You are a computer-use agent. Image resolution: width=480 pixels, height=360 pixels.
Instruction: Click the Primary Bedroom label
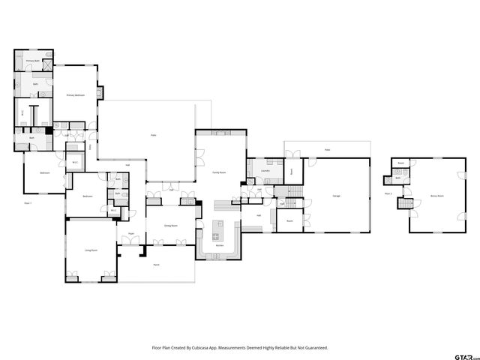click(x=75, y=95)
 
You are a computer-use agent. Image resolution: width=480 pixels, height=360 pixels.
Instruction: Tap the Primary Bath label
click(x=32, y=60)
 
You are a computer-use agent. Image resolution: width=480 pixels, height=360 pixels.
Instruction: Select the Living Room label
click(x=91, y=250)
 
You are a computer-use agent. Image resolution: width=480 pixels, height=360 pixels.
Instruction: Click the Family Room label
click(x=220, y=172)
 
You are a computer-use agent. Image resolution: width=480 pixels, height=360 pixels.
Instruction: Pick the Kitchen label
click(x=220, y=246)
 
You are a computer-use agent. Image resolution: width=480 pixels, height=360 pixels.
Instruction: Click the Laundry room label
click(x=265, y=171)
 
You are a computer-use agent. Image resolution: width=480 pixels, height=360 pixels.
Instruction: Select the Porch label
click(x=156, y=265)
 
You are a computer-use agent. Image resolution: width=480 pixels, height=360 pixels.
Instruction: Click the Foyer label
click(x=130, y=234)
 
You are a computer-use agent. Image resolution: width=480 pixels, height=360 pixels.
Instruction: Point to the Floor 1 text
click(x=28, y=202)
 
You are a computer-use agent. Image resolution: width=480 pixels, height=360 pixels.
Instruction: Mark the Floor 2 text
click(x=388, y=193)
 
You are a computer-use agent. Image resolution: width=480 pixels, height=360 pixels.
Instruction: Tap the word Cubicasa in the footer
click(x=202, y=347)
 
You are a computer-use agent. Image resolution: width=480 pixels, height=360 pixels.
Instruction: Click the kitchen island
click(x=220, y=226)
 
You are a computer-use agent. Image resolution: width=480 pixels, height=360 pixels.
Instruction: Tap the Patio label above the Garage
click(x=327, y=150)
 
